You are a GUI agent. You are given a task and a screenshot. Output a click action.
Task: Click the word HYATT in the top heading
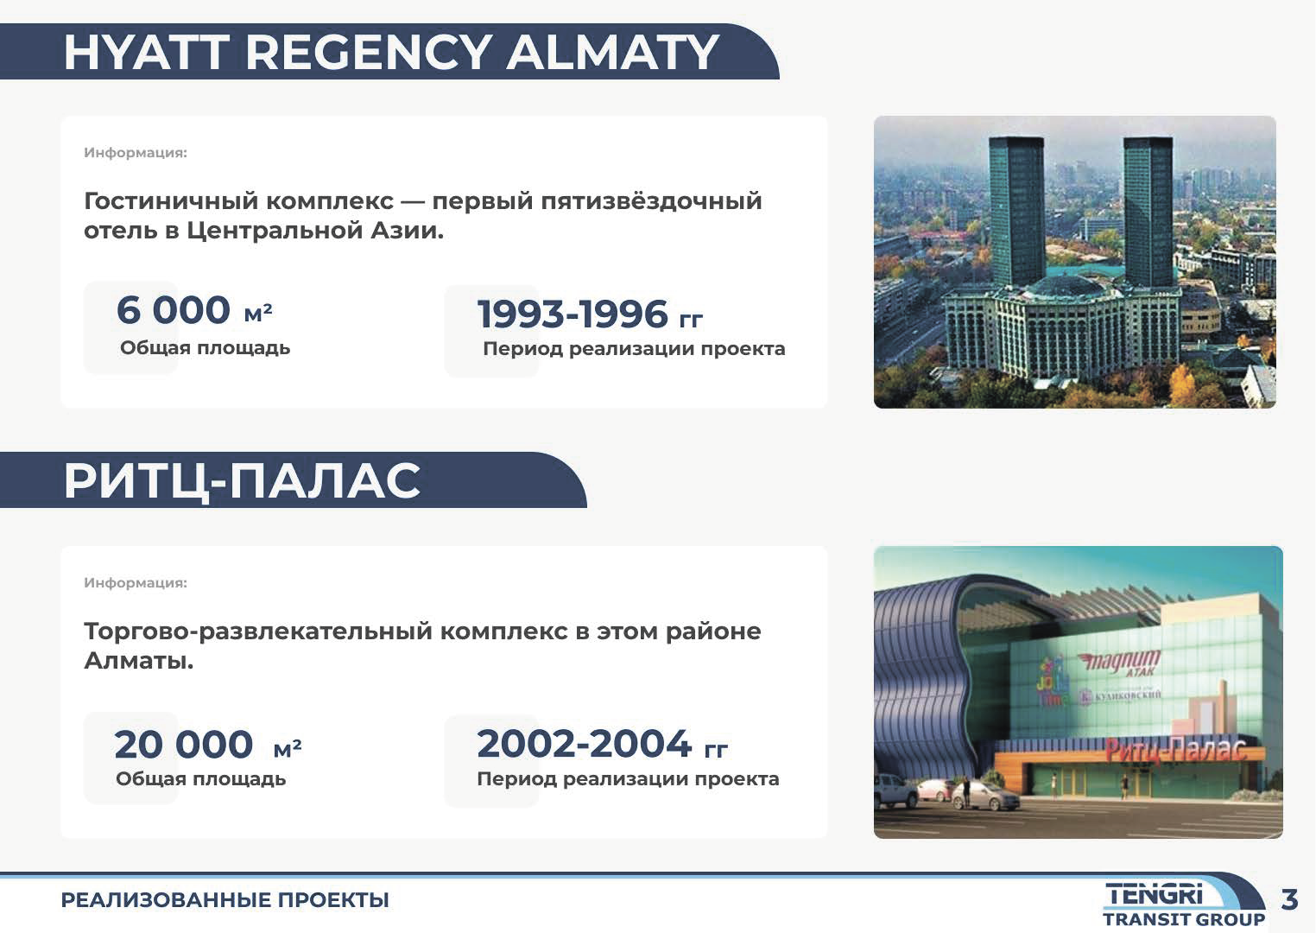[x=146, y=53]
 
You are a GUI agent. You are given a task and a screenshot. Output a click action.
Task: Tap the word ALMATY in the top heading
[x=612, y=53]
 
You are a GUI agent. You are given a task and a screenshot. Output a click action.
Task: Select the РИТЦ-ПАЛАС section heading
[x=242, y=481]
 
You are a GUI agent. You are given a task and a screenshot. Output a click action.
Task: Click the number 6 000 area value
[x=173, y=310]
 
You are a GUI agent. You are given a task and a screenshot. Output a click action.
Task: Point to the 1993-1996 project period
[x=573, y=314]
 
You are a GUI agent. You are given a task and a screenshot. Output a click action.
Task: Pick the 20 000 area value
[x=183, y=745]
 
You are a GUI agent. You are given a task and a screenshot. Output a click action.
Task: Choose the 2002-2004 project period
[x=584, y=744]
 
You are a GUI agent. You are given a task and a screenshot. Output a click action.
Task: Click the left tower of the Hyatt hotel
[x=1017, y=212]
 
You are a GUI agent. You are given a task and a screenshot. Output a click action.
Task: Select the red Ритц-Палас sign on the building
[x=1175, y=750]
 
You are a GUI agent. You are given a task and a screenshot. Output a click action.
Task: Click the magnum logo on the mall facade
[x=1121, y=662]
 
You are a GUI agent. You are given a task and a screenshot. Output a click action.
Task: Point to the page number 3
[x=1289, y=899]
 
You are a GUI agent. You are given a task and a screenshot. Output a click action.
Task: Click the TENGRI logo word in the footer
[x=1155, y=895]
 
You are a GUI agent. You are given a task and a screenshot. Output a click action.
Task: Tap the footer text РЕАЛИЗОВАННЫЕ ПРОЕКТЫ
[x=225, y=900]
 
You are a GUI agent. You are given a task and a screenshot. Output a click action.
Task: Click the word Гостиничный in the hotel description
[x=172, y=201]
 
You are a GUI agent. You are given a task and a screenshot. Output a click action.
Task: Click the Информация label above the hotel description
[x=135, y=153]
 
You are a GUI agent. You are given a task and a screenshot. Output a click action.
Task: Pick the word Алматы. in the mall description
[x=139, y=661]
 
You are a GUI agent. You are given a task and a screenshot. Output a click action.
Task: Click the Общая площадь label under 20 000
[x=201, y=779]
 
